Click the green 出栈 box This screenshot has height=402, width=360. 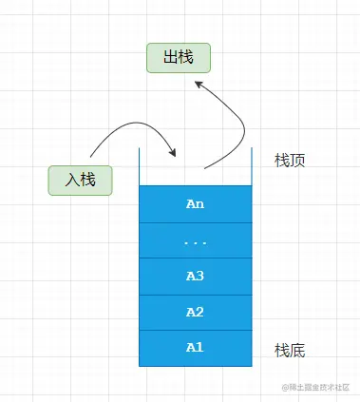click(x=179, y=58)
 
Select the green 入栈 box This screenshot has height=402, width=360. click(x=81, y=180)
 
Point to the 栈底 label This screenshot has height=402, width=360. click(x=289, y=351)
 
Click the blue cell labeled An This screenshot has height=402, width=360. click(x=196, y=203)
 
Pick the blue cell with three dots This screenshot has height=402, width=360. click(x=196, y=240)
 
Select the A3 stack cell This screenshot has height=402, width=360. click(x=196, y=276)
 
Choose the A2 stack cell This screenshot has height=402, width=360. click(x=196, y=312)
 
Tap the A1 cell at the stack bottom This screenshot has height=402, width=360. click(x=196, y=347)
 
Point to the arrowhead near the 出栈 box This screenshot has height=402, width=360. click(x=199, y=84)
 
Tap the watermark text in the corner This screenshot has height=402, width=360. click(x=315, y=388)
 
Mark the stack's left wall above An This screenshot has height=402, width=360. click(x=140, y=166)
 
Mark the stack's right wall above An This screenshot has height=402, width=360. click(x=253, y=166)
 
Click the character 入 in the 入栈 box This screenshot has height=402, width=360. click(x=71, y=180)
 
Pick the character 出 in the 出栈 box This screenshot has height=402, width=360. click(x=170, y=58)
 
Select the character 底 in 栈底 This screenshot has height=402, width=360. click(x=296, y=351)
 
